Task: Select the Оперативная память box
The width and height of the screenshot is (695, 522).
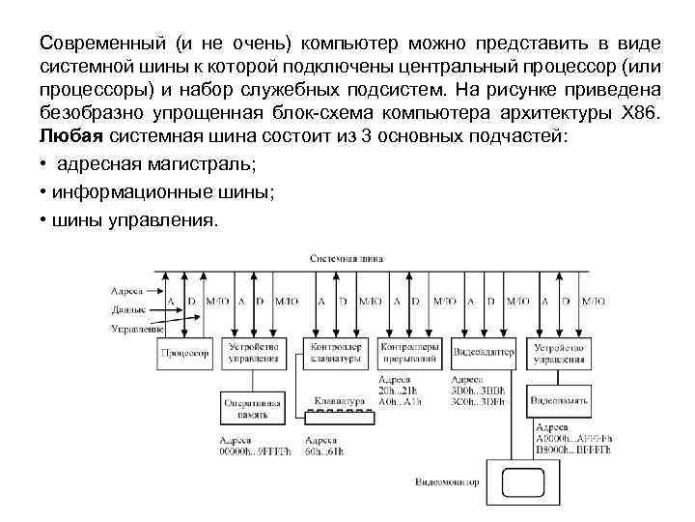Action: click(253, 407)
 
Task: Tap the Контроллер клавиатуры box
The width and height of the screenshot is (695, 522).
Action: click(336, 353)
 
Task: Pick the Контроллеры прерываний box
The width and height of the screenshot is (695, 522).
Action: click(409, 353)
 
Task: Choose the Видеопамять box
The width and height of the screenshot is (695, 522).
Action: click(559, 399)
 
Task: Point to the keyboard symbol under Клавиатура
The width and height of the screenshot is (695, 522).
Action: click(339, 417)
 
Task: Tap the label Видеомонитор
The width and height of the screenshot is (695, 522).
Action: click(447, 479)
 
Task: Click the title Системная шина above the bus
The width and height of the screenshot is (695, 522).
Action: click(347, 260)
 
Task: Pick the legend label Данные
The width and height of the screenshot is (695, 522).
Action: click(128, 310)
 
